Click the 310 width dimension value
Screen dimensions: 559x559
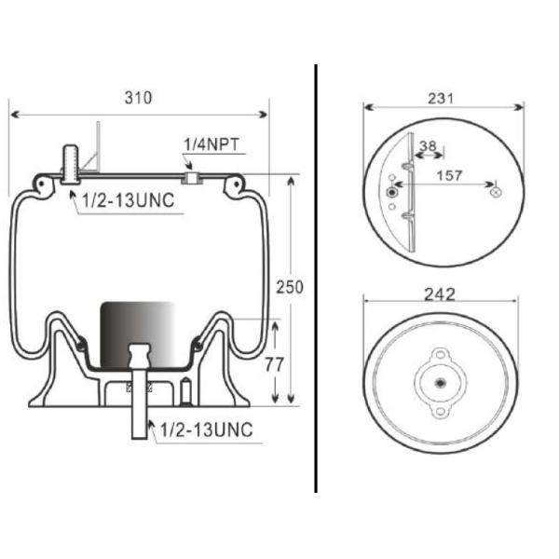pyautogui.click(x=138, y=97)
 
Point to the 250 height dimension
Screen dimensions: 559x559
pyautogui.click(x=290, y=287)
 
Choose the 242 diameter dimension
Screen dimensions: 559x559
pyautogui.click(x=439, y=294)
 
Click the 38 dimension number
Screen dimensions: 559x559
pyautogui.click(x=428, y=145)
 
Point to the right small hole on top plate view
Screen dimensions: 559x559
pyautogui.click(x=495, y=191)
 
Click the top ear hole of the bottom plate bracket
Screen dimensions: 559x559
pyautogui.click(x=439, y=355)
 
